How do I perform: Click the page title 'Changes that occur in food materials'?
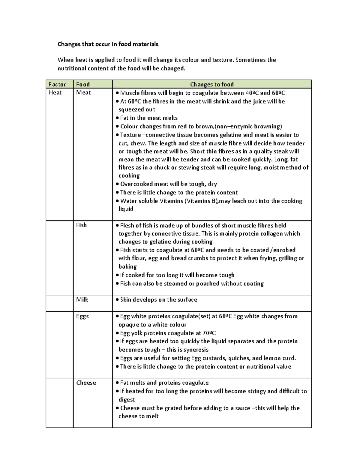[x=108, y=44]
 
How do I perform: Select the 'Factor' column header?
[x=57, y=84]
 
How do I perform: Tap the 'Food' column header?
[x=83, y=84]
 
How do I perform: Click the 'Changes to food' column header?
[x=212, y=84]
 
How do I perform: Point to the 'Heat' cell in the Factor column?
[x=55, y=92]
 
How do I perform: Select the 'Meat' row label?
[x=83, y=92]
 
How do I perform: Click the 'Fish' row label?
[x=81, y=225]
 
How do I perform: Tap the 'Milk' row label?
[x=82, y=299]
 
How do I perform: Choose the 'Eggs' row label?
[x=82, y=316]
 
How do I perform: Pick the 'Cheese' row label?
[x=86, y=383]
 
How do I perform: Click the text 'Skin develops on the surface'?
[x=158, y=299]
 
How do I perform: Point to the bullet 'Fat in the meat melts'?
[x=149, y=118]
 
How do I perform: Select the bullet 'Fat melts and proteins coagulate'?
[x=164, y=383]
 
